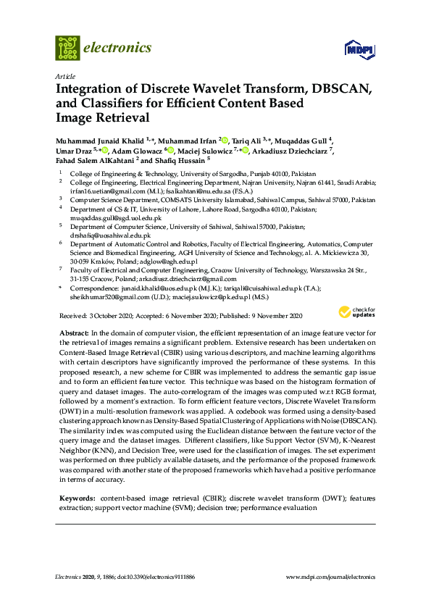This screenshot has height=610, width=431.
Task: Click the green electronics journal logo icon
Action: tap(67, 48)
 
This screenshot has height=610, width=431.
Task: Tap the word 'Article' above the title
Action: tap(64, 76)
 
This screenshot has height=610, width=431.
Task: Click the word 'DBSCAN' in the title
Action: tap(341, 90)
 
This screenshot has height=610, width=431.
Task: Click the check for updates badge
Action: tap(361, 312)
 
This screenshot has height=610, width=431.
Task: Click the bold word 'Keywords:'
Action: tap(75, 498)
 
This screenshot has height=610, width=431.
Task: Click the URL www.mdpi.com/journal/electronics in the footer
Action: tap(331, 577)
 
